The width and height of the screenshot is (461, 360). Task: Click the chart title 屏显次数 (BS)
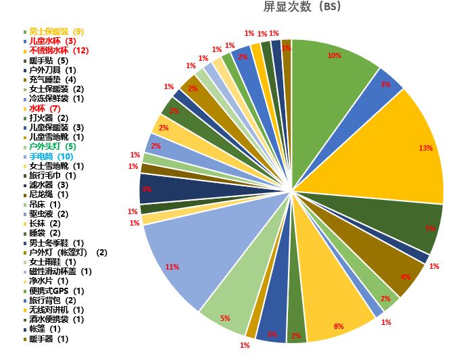[301, 7]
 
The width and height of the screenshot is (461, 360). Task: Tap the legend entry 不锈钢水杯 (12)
[59, 51]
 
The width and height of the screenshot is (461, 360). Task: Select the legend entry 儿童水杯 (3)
[53, 41]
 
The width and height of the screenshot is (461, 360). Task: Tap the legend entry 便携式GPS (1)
[57, 290]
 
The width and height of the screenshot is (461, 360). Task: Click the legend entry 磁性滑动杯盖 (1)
[60, 271]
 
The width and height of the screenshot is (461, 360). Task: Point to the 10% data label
[334, 56]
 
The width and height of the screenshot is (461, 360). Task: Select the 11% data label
[172, 267]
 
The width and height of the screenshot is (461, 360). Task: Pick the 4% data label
[405, 277]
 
